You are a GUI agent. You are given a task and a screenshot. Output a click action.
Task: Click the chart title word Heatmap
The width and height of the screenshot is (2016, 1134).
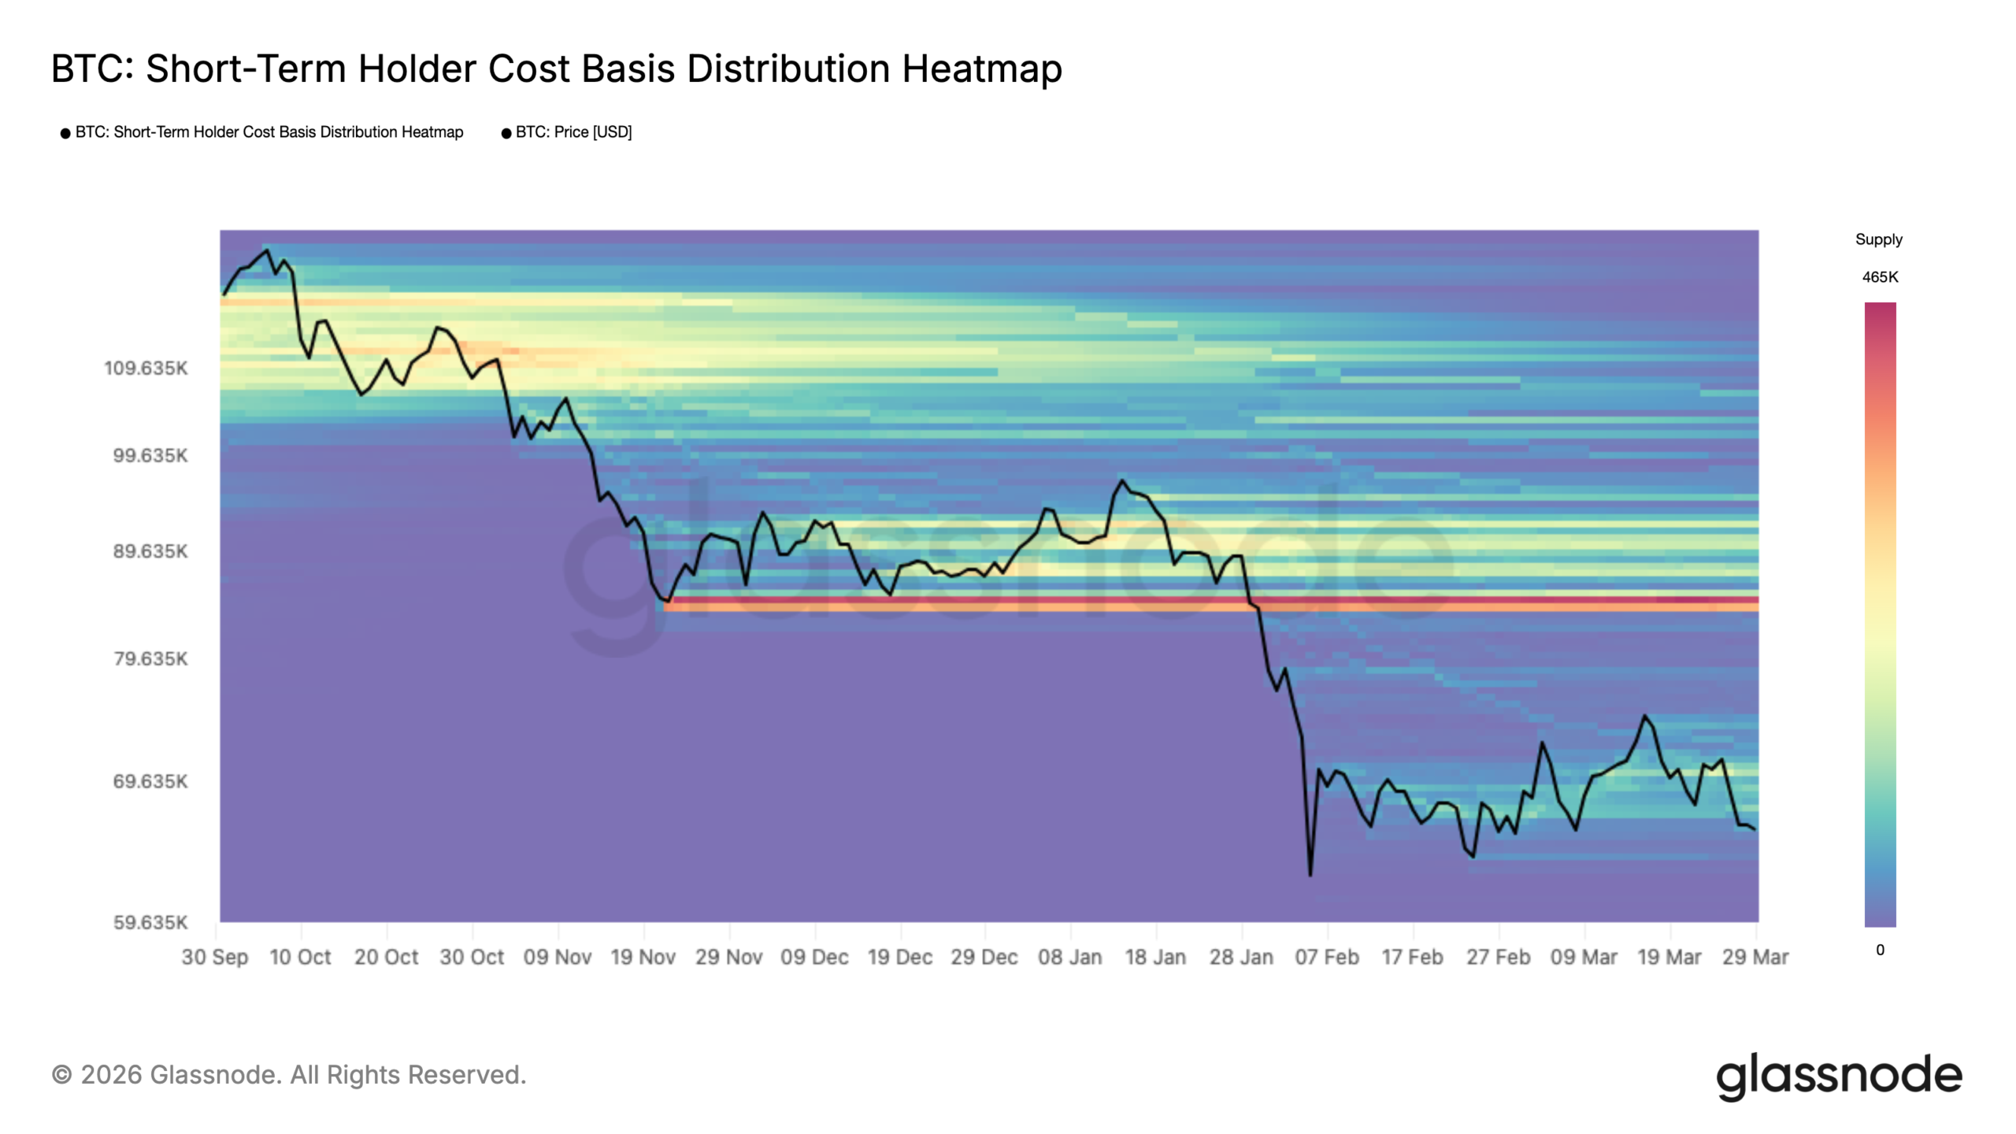pyautogui.click(x=981, y=69)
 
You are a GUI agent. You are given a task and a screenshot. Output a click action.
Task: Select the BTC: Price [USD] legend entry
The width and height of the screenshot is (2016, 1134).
pyautogui.click(x=573, y=132)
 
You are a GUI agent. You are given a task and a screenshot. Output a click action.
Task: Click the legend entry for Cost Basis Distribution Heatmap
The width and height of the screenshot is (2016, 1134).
pyautogui.click(x=269, y=132)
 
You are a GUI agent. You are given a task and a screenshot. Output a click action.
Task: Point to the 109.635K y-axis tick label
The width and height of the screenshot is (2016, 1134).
pyautogui.click(x=146, y=369)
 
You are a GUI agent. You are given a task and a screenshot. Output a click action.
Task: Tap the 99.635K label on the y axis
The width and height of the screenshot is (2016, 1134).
pyautogui.click(x=150, y=456)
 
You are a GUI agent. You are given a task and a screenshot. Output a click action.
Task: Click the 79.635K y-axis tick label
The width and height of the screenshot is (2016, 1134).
pyautogui.click(x=150, y=658)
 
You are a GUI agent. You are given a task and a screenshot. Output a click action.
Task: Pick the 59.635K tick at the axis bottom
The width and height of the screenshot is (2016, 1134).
pyautogui.click(x=150, y=922)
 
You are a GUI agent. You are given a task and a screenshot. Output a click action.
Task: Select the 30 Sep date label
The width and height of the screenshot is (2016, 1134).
pyautogui.click(x=214, y=958)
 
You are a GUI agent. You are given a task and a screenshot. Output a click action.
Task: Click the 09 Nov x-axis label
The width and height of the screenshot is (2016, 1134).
pyautogui.click(x=558, y=958)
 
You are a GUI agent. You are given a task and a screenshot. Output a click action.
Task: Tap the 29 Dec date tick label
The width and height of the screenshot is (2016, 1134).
pyautogui.click(x=984, y=958)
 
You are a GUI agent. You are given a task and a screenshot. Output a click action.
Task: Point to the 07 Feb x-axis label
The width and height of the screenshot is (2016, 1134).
pyautogui.click(x=1327, y=958)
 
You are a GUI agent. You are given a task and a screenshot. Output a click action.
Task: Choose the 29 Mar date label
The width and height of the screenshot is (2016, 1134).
pyautogui.click(x=1755, y=958)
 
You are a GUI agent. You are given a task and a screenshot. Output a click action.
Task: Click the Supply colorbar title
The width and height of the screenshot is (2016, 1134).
pyautogui.click(x=1878, y=239)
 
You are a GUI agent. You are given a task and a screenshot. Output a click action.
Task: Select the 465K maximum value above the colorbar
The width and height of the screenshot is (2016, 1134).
pyautogui.click(x=1880, y=277)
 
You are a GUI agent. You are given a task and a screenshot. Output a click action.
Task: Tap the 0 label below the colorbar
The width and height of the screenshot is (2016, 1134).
pyautogui.click(x=1880, y=950)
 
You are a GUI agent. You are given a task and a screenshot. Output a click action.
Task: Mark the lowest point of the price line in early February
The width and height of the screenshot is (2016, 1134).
pyautogui.click(x=1310, y=874)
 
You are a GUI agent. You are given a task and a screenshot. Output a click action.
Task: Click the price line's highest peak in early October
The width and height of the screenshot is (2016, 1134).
pyautogui.click(x=267, y=250)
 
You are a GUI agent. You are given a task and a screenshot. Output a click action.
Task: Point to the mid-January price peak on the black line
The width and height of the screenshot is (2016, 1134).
pyautogui.click(x=1121, y=480)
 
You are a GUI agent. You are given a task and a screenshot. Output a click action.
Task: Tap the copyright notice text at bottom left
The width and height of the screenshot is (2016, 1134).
pyautogui.click(x=289, y=1075)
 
